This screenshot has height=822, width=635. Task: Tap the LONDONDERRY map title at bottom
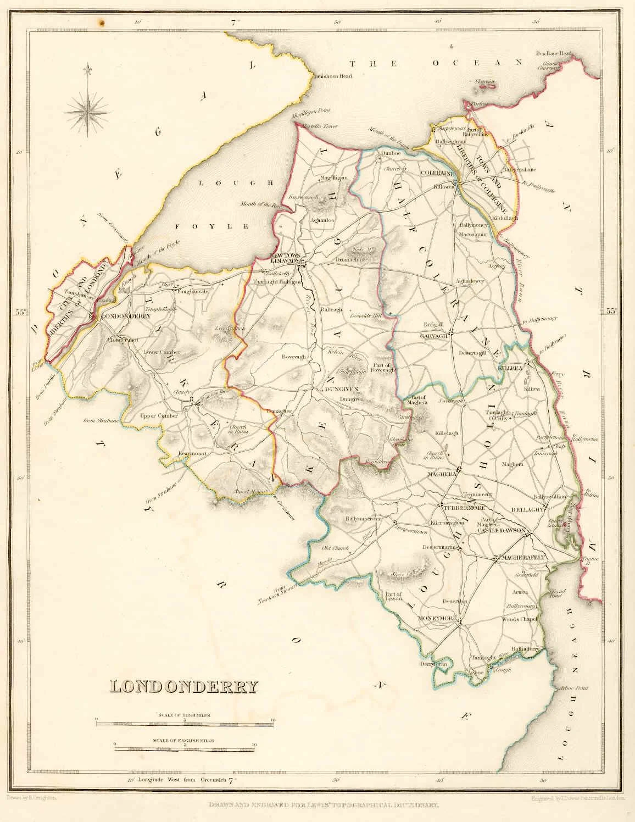point(185,686)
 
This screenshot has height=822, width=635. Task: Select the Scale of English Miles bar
point(185,748)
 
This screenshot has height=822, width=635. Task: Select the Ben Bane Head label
point(554,54)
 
